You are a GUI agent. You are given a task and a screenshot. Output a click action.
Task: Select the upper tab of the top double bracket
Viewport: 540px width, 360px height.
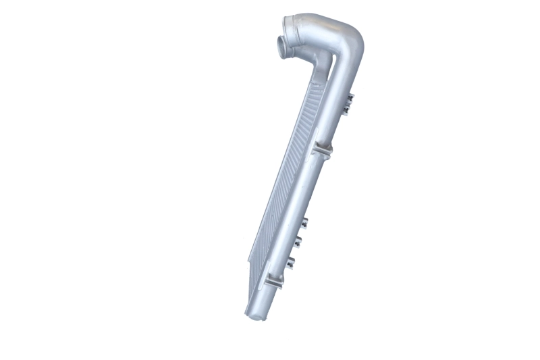349,99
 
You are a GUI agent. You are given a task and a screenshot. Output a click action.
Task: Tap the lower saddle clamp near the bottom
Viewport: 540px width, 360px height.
273,280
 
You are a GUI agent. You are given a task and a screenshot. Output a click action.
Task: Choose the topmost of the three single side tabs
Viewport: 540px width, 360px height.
304,222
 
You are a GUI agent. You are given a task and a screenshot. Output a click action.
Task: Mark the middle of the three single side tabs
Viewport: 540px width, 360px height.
298,241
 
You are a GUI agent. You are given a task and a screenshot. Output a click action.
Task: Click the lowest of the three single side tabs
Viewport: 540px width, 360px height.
291,262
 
